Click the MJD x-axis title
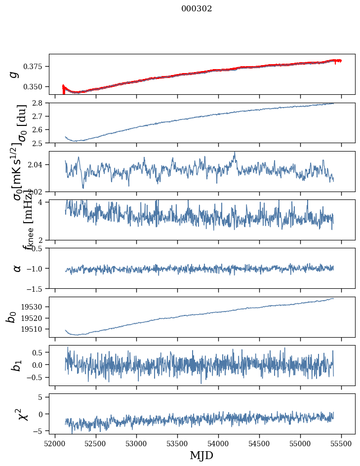click(201, 455)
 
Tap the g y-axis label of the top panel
click(14, 74)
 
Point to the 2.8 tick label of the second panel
click(40, 103)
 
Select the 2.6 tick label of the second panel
click(40, 129)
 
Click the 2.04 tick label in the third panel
click(37, 164)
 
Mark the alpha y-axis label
click(17, 268)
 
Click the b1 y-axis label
click(16, 365)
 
